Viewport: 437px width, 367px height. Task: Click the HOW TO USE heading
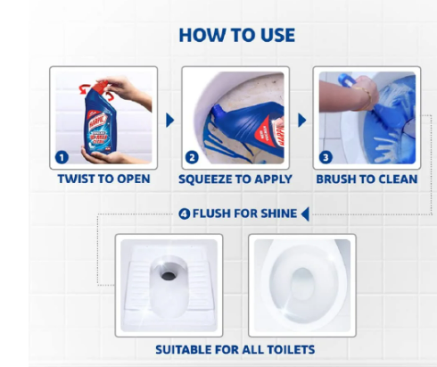[x=237, y=35]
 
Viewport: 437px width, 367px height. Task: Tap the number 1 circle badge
[x=62, y=157]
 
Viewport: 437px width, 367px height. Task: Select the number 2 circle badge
[x=192, y=157]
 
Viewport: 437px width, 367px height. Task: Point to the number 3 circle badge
[x=326, y=157]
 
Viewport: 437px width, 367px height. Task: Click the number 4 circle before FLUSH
[x=185, y=213]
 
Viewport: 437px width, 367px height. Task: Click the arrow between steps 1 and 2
[x=169, y=121]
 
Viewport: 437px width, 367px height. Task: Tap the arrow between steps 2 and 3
[x=301, y=121]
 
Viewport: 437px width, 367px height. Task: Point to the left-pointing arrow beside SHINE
[x=305, y=214]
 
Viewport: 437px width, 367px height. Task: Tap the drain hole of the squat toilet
[x=169, y=276]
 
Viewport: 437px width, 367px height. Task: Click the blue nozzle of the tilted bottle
[x=217, y=112]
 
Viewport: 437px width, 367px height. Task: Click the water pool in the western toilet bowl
[x=302, y=284]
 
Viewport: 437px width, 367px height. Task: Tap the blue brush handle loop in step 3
[x=347, y=79]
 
